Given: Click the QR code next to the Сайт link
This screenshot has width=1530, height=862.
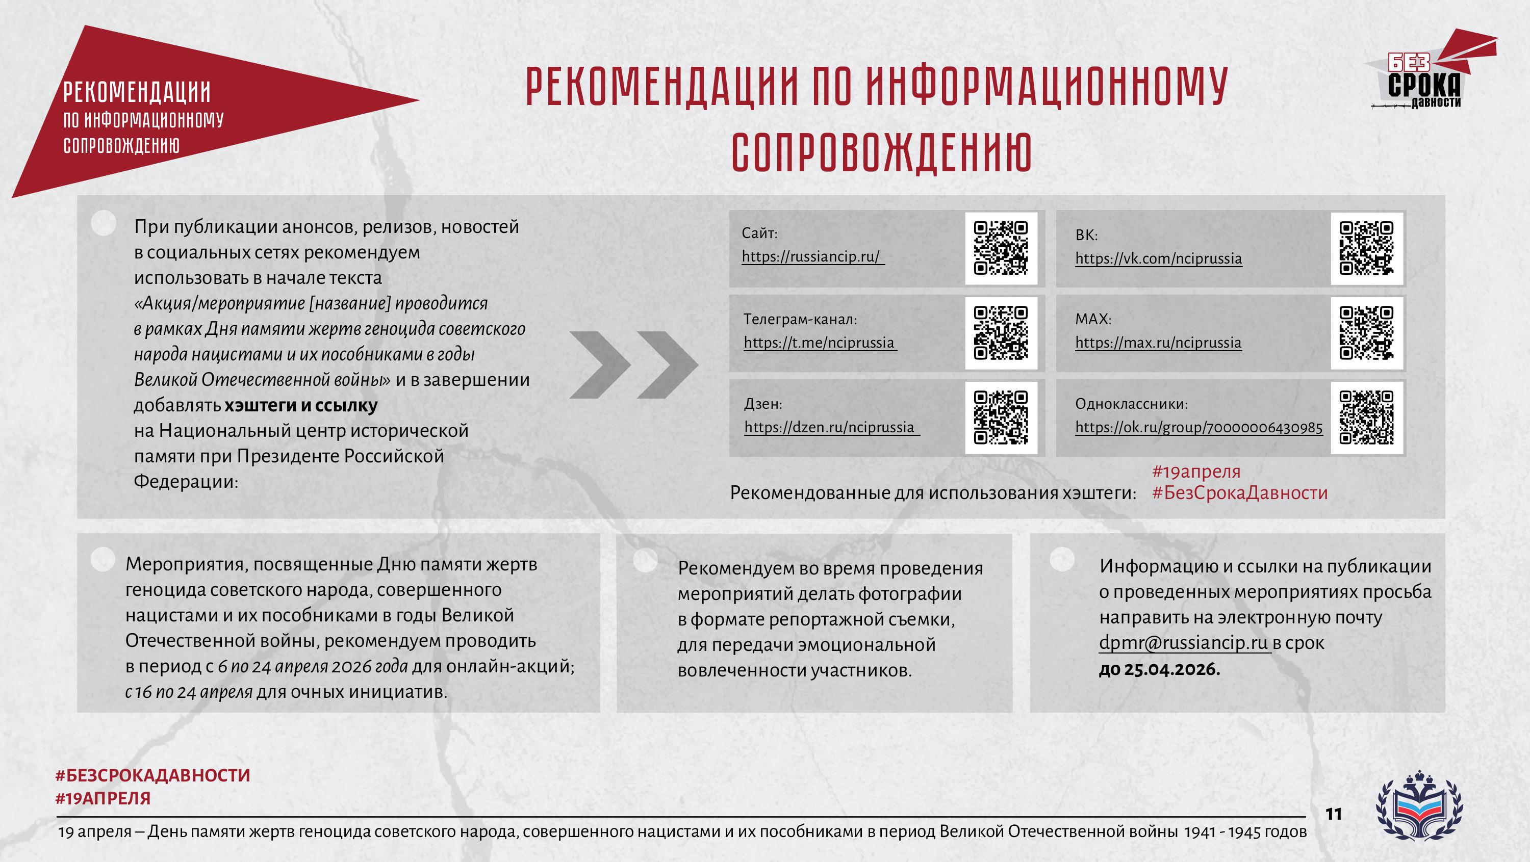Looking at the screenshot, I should (1001, 248).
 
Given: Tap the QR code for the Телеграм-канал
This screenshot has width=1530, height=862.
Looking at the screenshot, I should (1001, 332).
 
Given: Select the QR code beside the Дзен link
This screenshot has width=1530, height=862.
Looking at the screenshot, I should (1001, 417).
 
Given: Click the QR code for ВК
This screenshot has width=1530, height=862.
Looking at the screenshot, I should (1366, 248).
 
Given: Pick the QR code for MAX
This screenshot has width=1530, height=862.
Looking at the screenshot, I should (1366, 332).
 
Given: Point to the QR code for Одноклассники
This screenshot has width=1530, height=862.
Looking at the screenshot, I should (1366, 417).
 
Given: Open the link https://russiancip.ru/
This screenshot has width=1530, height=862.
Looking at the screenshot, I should (811, 256).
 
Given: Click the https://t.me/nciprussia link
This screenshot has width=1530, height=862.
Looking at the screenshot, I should (819, 343).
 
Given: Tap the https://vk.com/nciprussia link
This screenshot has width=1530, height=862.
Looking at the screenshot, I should (1158, 258).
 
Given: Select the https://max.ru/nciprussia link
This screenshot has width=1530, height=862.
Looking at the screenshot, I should (1158, 343).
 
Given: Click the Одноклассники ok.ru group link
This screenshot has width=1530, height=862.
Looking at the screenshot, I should (1198, 428).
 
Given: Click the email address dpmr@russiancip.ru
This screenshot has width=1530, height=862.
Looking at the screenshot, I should (1184, 643).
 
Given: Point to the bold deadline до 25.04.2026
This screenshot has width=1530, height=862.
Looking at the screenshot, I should (1159, 669).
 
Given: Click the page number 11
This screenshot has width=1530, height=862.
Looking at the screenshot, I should (1334, 814).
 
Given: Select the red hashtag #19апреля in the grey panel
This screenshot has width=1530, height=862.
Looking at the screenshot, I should (1196, 472).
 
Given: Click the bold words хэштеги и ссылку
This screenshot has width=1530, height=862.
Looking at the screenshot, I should (301, 405).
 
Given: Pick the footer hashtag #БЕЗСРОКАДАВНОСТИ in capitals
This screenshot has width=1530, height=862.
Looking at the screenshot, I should (152, 775).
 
